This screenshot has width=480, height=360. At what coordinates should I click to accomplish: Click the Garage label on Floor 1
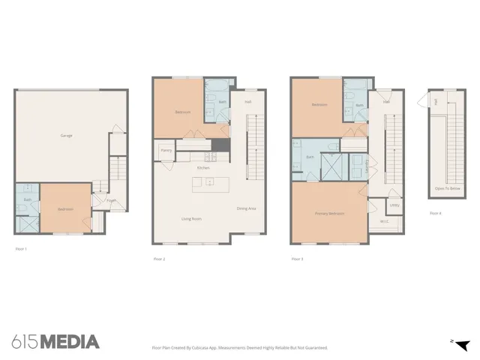click(x=66, y=136)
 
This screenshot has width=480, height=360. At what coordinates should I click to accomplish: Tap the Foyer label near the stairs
click(x=110, y=200)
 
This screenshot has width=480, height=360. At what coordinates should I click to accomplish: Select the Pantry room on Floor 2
click(x=166, y=151)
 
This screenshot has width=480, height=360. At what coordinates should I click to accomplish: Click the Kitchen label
click(x=203, y=168)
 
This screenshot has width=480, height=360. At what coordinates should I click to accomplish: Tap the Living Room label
click(x=192, y=219)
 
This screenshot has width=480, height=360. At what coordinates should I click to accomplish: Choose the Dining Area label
click(x=247, y=208)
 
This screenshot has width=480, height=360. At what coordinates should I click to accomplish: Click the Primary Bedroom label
click(x=329, y=214)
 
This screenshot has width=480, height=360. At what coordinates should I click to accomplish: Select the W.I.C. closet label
click(x=384, y=221)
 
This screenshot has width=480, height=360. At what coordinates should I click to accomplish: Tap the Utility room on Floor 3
click(x=394, y=204)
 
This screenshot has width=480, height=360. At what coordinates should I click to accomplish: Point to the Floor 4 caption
click(x=435, y=213)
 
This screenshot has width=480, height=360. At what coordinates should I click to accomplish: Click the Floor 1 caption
click(x=20, y=248)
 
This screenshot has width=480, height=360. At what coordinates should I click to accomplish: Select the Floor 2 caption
click(x=159, y=258)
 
